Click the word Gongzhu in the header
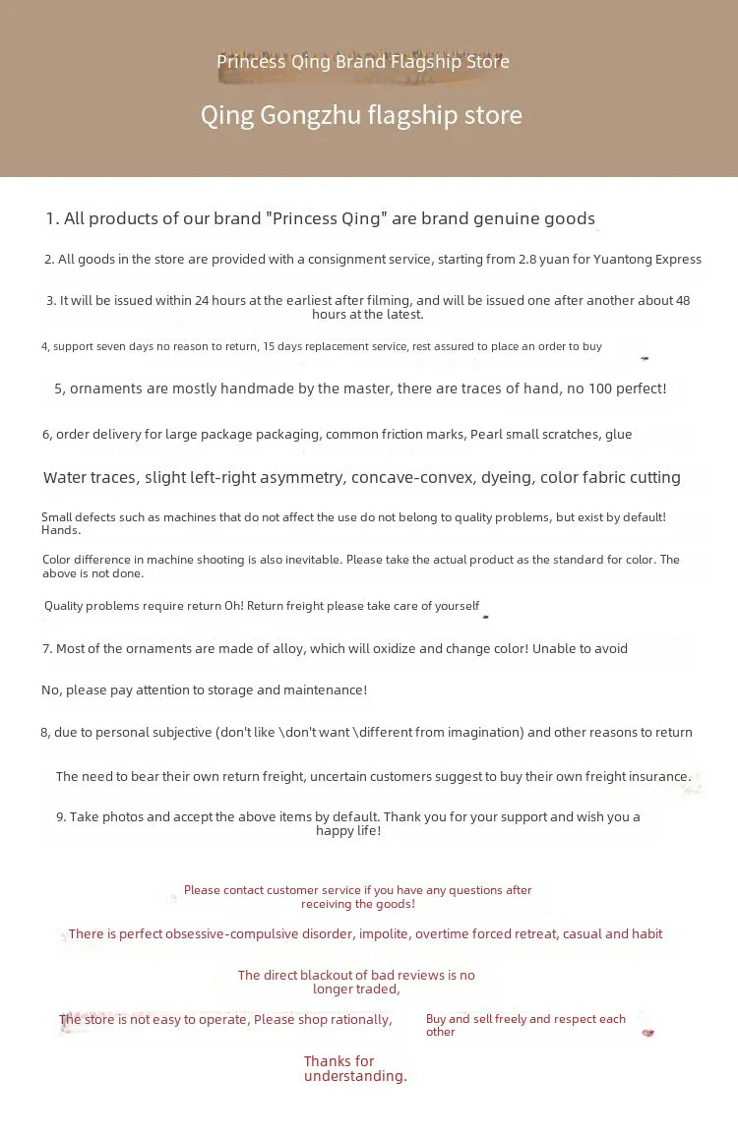point(310,116)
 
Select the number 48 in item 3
point(681,301)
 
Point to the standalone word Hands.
point(61,530)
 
